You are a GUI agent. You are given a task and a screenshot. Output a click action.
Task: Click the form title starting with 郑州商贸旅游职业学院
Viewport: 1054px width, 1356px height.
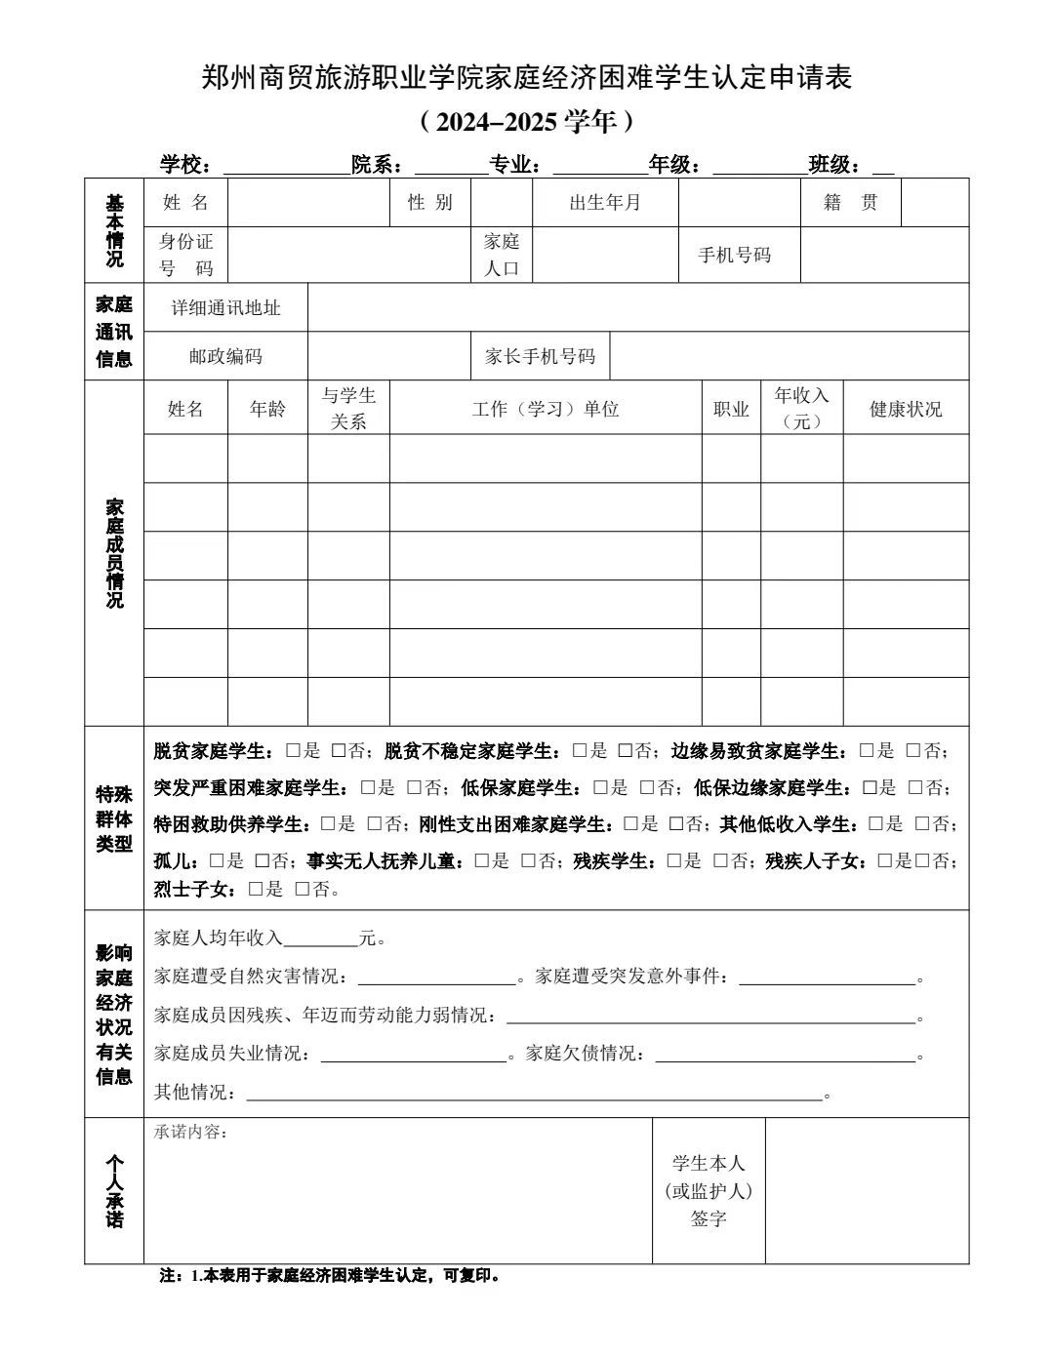527,77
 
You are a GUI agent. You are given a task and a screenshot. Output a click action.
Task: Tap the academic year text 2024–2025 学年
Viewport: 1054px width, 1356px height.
527,122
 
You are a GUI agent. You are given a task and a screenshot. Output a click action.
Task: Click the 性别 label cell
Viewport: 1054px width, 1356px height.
430,203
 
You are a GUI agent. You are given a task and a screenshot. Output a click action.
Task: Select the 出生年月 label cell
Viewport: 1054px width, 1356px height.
605,203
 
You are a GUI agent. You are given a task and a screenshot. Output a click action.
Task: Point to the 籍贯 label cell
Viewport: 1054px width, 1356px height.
850,203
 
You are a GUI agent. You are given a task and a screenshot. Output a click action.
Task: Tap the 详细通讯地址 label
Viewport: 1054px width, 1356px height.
225,308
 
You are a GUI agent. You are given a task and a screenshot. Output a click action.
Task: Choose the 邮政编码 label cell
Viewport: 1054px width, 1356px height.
225,356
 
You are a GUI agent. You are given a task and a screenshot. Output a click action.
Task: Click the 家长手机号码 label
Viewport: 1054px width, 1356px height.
540,356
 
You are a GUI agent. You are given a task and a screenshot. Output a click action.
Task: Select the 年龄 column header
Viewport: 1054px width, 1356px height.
267,409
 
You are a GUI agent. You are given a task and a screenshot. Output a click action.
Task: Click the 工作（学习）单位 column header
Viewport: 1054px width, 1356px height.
546,409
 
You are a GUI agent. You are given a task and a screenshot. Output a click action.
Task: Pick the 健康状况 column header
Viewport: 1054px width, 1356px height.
906,409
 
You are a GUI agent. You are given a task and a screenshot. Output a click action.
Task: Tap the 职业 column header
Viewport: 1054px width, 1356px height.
731,409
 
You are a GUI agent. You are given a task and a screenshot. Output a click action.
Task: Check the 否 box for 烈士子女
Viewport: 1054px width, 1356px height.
303,890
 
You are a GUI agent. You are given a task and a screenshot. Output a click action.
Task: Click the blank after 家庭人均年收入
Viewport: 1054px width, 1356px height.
320,938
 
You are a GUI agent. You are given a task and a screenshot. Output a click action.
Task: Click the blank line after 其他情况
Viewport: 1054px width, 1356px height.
534,1093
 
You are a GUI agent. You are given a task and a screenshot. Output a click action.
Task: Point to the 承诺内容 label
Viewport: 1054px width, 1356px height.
190,1132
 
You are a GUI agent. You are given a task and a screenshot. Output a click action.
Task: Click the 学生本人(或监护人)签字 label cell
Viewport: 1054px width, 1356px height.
709,1190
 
